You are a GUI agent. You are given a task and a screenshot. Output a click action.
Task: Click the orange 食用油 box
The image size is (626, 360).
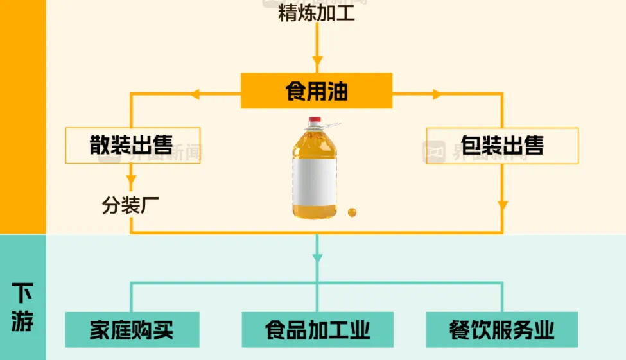pyautogui.click(x=316, y=90)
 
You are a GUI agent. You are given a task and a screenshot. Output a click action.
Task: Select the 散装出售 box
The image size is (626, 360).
pyautogui.click(x=133, y=145)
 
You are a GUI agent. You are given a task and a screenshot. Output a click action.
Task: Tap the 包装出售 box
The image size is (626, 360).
pyautogui.click(x=502, y=145)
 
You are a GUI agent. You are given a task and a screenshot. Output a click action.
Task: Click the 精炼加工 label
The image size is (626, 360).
pyautogui.click(x=317, y=13)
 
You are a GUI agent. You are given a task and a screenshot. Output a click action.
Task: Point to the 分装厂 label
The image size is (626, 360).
pyautogui.click(x=130, y=205)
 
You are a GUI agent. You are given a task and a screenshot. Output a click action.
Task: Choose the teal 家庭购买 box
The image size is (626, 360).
pyautogui.click(x=132, y=330)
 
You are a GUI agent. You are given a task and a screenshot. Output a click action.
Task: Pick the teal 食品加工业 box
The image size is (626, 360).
pyautogui.click(x=317, y=330)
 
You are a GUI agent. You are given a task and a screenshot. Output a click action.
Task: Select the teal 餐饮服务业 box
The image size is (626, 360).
pyautogui.click(x=501, y=330)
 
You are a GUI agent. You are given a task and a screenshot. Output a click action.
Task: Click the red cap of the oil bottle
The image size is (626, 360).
pyautogui.click(x=315, y=121)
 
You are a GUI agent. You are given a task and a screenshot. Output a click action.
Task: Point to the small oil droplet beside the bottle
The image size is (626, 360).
pyautogui.click(x=351, y=212)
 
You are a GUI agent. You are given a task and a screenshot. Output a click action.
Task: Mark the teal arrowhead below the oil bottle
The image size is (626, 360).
pyautogui.click(x=317, y=257)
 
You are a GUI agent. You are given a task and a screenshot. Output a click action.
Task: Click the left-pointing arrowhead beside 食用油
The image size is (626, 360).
pyautogui.click(x=196, y=94)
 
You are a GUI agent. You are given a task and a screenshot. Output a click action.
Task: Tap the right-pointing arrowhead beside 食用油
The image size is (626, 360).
pyautogui.click(x=437, y=94)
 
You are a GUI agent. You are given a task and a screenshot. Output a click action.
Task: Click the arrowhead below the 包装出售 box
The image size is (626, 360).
pyautogui.click(x=502, y=205)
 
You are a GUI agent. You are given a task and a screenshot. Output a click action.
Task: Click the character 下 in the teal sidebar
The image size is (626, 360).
pyautogui.click(x=22, y=295)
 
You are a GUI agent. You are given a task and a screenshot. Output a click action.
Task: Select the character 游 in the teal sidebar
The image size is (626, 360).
pyautogui.click(x=22, y=321)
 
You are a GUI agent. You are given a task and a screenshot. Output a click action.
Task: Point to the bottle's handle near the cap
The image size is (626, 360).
pyautogui.click(x=331, y=125)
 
